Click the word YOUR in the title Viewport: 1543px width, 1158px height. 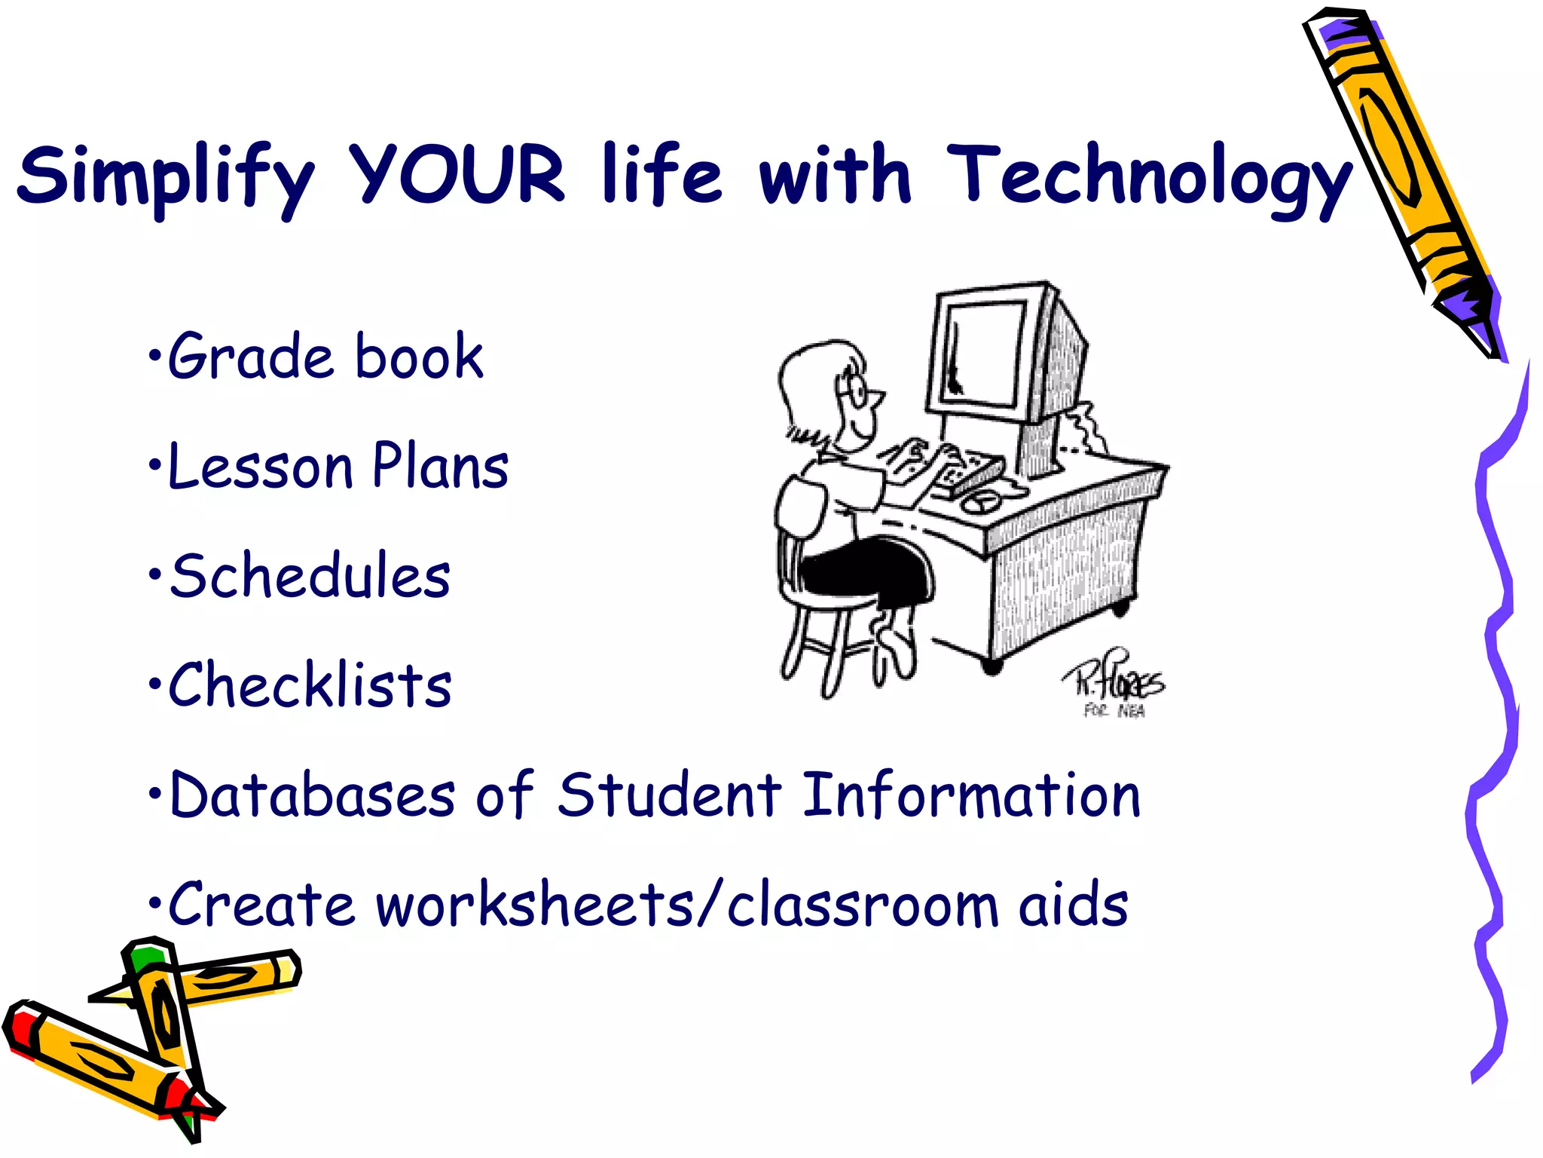coord(457,175)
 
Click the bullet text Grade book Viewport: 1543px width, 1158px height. coord(324,356)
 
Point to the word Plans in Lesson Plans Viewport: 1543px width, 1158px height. coord(441,466)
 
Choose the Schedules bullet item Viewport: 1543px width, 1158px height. coord(310,576)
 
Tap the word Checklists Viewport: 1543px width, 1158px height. coord(310,685)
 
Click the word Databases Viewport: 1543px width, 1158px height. coord(313,795)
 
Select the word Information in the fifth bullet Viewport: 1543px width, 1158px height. coord(971,795)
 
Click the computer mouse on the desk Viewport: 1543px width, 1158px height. coord(980,501)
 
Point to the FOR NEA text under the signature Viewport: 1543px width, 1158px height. coord(1114,711)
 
